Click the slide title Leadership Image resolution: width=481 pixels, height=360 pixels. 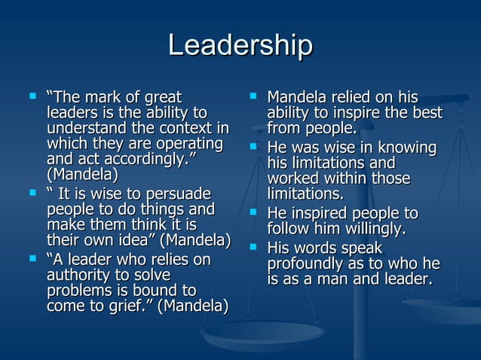[240, 46]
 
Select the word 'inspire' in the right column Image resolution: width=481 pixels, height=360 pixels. [368, 113]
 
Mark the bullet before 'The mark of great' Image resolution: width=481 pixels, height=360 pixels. [32, 96]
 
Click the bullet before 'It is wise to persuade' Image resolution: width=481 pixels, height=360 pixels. [32, 193]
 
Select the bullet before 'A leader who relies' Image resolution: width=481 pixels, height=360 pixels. [32, 258]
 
